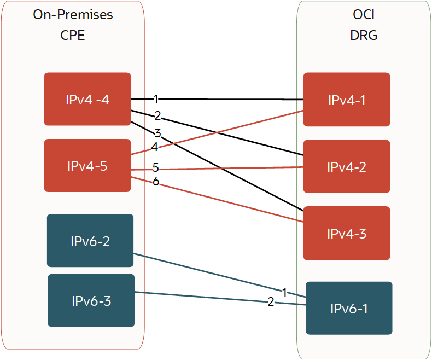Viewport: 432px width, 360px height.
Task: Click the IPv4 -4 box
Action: (x=87, y=99)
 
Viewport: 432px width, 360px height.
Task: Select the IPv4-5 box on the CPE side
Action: (x=87, y=165)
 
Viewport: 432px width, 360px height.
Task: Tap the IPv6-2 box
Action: (x=90, y=240)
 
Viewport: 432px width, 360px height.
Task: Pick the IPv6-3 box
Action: (x=91, y=300)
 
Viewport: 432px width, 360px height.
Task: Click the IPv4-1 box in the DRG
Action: (x=347, y=99)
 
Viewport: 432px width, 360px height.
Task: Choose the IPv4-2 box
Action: (x=347, y=166)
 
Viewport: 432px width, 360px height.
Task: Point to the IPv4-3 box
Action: (x=347, y=233)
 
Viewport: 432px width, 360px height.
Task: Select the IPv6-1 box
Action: (x=349, y=308)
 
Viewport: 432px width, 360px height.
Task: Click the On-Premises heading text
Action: (x=73, y=15)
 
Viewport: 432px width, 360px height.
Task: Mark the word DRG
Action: (x=364, y=36)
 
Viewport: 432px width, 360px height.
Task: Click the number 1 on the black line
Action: (x=156, y=99)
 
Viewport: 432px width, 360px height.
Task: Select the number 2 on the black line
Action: (x=157, y=115)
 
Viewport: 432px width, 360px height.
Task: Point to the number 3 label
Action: (x=157, y=132)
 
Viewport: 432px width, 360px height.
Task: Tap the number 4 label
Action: (x=155, y=147)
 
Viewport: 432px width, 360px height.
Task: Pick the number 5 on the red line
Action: (x=156, y=167)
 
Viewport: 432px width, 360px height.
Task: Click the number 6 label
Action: (x=156, y=182)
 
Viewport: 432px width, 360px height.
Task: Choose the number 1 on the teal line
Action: (x=284, y=293)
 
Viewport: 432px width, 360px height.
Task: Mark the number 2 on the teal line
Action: (x=271, y=301)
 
